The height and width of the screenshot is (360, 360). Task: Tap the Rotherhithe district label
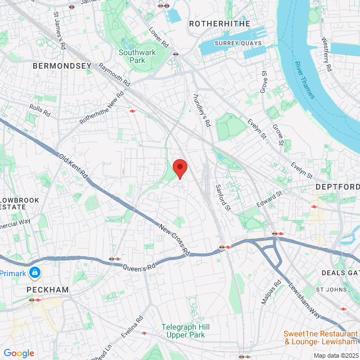[x=215, y=24]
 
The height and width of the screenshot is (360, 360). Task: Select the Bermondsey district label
[x=62, y=66]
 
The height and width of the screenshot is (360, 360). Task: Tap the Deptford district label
[x=337, y=187]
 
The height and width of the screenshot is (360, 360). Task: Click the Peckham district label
[x=47, y=290]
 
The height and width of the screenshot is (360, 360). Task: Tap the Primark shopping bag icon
[x=35, y=272]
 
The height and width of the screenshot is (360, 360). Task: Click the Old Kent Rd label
[x=74, y=168]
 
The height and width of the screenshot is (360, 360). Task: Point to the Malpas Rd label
[x=271, y=292]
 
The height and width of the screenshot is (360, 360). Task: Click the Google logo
[x=19, y=353]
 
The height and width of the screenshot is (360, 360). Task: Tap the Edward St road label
[x=269, y=201]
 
